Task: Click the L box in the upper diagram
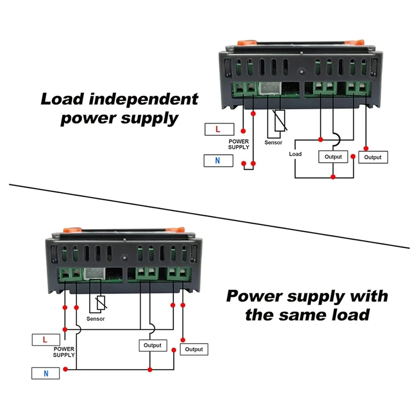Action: click(x=219, y=129)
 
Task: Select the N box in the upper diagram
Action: click(x=218, y=160)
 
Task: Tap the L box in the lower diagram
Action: click(x=46, y=339)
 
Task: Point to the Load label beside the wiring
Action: click(x=295, y=154)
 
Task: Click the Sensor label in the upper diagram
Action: click(x=273, y=142)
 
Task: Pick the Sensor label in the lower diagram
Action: click(x=96, y=319)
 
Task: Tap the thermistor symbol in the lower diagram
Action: click(x=102, y=303)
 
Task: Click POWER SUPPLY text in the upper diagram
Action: click(x=239, y=144)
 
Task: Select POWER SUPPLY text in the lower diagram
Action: click(x=64, y=351)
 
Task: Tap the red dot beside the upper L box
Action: click(x=242, y=130)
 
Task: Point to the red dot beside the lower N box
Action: click(x=65, y=369)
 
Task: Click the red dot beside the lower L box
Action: click(x=65, y=329)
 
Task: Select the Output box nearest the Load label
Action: click(x=333, y=157)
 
